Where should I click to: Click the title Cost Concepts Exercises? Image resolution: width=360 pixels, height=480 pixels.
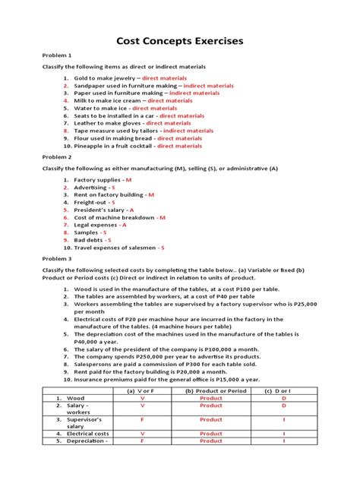pos(179,42)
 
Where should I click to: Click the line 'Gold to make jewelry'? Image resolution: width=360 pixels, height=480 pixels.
pos(106,78)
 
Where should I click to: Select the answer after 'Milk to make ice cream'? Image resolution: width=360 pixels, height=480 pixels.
pos(170,100)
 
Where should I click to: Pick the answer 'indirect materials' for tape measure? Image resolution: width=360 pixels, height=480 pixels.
pos(188,131)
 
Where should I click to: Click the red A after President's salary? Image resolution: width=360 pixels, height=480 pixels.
pos(131,210)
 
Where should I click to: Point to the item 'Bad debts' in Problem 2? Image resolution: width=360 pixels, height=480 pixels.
pos(90,239)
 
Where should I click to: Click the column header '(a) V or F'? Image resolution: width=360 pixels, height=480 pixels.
pos(142,390)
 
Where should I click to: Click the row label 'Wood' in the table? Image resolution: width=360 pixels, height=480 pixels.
pos(76,398)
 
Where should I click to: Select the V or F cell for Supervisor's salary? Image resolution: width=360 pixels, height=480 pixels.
pos(142,419)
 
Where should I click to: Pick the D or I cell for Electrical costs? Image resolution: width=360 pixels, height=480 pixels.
pos(283,434)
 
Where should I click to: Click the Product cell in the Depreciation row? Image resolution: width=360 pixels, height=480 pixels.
pos(211,441)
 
